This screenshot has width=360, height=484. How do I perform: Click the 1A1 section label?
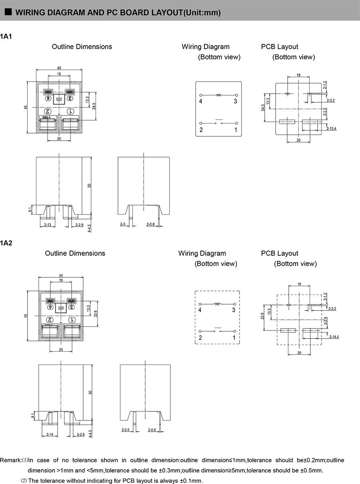(x=6, y=36)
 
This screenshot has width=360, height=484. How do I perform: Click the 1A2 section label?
(x=6, y=243)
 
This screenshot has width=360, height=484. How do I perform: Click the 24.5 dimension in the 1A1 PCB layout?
(x=264, y=108)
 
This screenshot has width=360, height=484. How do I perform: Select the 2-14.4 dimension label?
(x=334, y=337)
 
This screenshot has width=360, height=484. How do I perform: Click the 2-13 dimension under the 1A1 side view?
(x=48, y=225)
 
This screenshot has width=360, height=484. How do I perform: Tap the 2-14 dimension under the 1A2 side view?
(x=50, y=434)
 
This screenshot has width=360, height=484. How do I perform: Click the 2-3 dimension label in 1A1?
(x=123, y=225)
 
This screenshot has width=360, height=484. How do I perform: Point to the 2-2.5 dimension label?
(x=126, y=430)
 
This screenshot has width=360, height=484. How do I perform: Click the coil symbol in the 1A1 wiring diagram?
(x=218, y=95)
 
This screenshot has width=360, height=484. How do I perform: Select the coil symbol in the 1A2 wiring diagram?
(x=217, y=304)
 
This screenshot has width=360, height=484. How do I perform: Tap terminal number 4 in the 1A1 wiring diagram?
(x=201, y=102)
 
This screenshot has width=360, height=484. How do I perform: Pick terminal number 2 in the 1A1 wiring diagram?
(x=201, y=130)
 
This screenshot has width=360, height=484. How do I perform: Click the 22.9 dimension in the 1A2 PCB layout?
(x=262, y=317)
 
